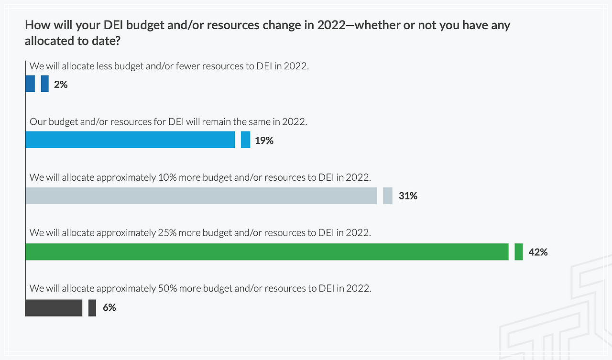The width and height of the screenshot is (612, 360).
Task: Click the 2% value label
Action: [x=61, y=85]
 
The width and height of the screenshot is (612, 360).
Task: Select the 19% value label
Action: [x=264, y=141]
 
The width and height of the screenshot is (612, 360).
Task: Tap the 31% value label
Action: [x=408, y=196]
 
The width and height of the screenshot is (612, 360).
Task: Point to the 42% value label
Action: [x=538, y=252]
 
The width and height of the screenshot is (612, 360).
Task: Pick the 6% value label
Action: [x=109, y=307]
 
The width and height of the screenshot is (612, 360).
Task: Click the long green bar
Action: [x=267, y=252]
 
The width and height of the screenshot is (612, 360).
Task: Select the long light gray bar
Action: [x=201, y=196]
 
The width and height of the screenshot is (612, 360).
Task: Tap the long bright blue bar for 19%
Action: [x=130, y=140]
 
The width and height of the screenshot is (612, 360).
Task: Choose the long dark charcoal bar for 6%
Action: [x=54, y=308]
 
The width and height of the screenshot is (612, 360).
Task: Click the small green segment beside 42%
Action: [x=518, y=252]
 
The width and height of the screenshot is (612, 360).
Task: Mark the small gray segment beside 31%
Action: [x=388, y=196]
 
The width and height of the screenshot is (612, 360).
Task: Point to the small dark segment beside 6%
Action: [x=92, y=308]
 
